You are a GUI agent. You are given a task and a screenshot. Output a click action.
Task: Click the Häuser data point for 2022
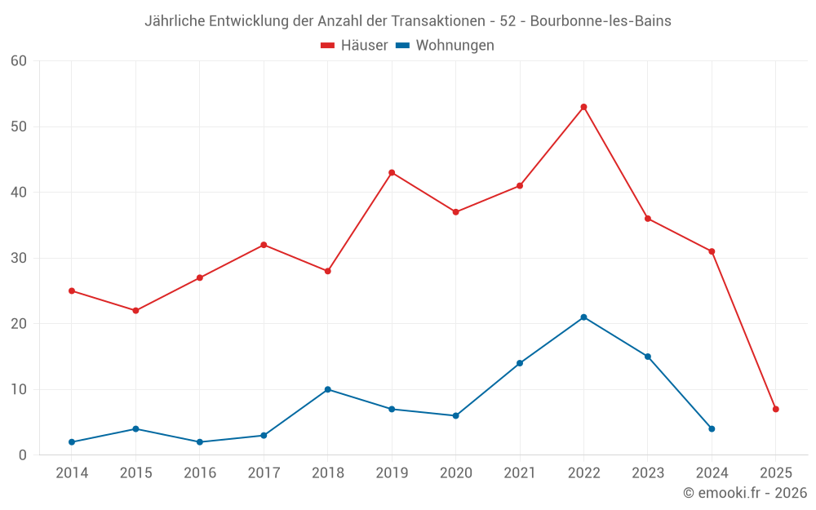click(x=583, y=107)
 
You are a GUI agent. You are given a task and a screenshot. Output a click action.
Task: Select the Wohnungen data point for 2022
click(x=583, y=317)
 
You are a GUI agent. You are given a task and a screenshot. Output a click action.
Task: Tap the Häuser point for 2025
click(x=775, y=409)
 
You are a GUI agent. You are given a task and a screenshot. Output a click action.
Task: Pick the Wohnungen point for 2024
click(x=712, y=428)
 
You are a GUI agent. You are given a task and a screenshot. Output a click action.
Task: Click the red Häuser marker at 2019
click(x=392, y=172)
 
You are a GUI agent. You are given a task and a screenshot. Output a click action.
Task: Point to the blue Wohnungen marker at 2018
click(x=327, y=389)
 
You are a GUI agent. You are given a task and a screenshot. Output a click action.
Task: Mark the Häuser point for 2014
click(x=72, y=290)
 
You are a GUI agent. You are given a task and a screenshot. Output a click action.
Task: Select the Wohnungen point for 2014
click(x=72, y=441)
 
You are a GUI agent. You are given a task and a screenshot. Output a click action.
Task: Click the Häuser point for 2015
click(x=135, y=310)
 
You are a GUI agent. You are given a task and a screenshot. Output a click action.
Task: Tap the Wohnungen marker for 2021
click(x=520, y=363)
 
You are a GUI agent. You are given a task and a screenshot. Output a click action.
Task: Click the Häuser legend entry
click(x=354, y=46)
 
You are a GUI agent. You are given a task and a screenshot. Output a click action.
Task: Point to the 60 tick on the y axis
click(x=19, y=61)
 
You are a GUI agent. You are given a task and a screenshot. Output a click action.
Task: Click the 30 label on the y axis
click(x=19, y=258)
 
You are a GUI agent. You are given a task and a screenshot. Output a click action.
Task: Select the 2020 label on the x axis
click(x=455, y=473)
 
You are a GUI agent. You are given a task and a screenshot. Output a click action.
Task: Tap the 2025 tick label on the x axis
click(x=775, y=473)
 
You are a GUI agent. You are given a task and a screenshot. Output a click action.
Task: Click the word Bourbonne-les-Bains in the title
click(x=601, y=21)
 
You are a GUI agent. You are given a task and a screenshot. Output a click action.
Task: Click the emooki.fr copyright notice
click(x=744, y=493)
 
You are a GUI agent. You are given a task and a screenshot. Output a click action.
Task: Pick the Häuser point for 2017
click(x=264, y=245)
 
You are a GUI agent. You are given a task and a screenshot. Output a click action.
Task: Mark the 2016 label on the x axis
click(x=200, y=473)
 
